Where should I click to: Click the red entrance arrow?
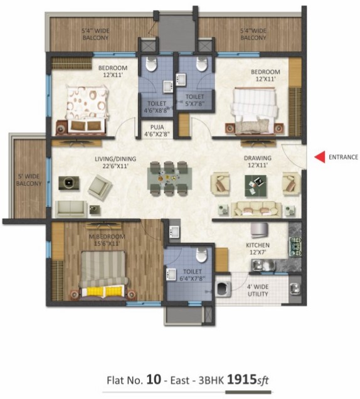[320, 157]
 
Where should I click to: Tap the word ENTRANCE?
[343, 157]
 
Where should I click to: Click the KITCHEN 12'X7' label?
[258, 248]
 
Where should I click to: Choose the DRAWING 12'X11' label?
[258, 161]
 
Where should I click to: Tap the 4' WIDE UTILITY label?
[258, 290]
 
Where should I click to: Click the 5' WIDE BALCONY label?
[29, 179]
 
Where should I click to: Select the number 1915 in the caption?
[241, 380]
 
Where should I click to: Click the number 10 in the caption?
[154, 380]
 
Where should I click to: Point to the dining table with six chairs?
[169, 178]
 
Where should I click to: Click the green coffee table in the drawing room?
[255, 186]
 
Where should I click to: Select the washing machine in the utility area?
[223, 289]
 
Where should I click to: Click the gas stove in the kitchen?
[295, 247]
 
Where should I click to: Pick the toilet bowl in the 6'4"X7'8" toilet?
[201, 255]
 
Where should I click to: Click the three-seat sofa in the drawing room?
[256, 210]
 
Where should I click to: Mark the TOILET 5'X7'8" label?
[194, 100]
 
